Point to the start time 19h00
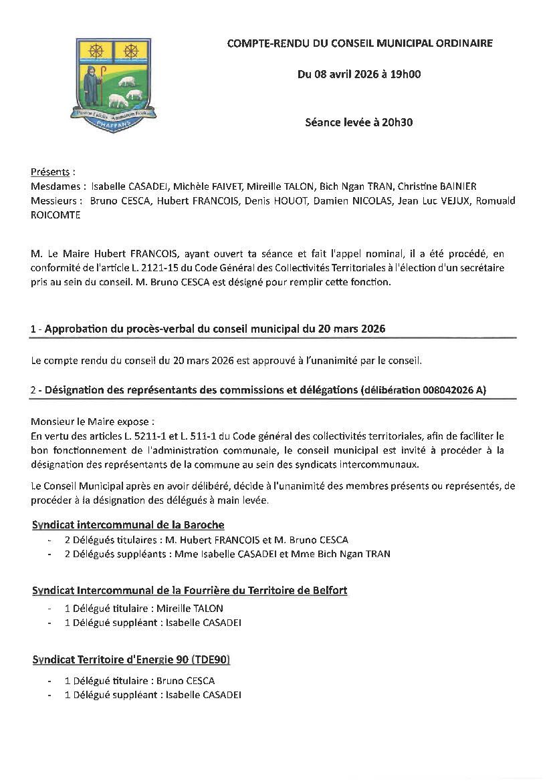tap(405, 74)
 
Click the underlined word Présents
tap(50, 172)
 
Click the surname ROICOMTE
tap(56, 215)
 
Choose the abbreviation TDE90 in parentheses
tap(211, 660)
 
